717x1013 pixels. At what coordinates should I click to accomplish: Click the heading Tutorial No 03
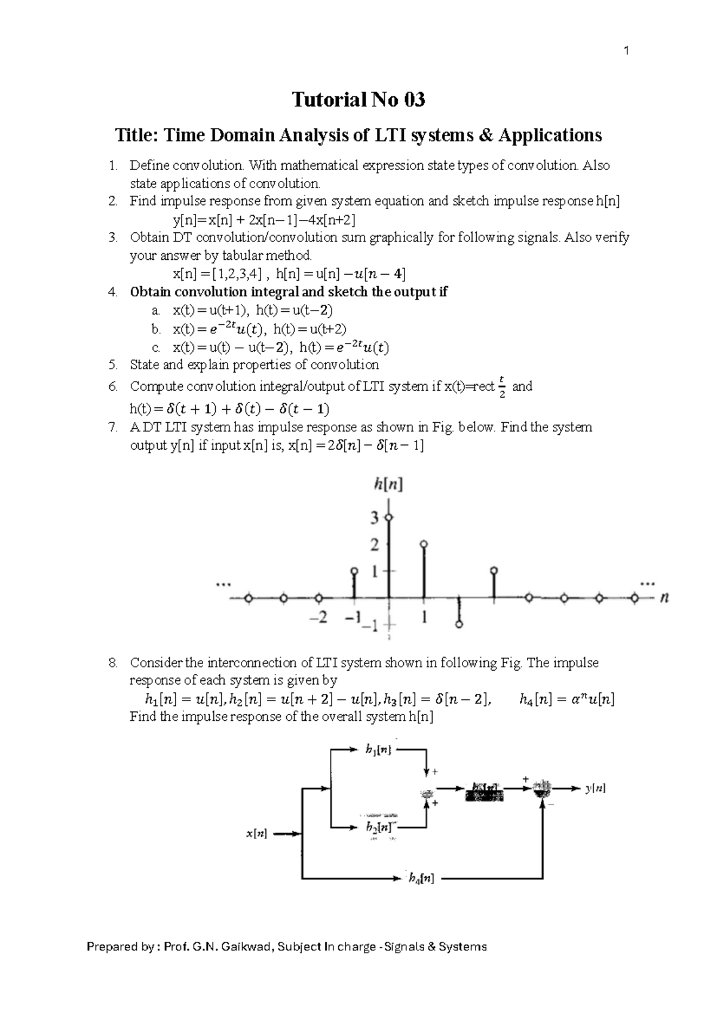point(358,99)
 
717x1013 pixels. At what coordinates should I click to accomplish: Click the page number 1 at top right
point(626,51)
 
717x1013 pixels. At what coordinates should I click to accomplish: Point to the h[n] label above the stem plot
point(388,485)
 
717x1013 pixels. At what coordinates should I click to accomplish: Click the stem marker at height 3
point(389,517)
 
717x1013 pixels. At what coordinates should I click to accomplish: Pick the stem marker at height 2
point(424,544)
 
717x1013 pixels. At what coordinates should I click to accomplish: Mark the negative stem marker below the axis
point(459,624)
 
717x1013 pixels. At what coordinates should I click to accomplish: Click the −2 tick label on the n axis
point(319,618)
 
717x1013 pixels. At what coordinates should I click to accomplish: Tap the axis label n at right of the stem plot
point(664,597)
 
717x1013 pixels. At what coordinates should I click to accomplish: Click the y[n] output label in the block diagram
point(595,788)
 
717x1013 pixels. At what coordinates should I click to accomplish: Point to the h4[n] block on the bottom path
point(421,878)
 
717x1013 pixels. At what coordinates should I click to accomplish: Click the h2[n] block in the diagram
point(379,828)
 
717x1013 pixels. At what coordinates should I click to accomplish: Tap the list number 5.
point(113,365)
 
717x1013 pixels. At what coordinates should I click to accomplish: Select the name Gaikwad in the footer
point(247,947)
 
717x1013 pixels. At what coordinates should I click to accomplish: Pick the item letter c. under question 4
point(156,348)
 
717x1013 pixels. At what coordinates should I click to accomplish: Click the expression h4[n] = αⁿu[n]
point(567,699)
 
